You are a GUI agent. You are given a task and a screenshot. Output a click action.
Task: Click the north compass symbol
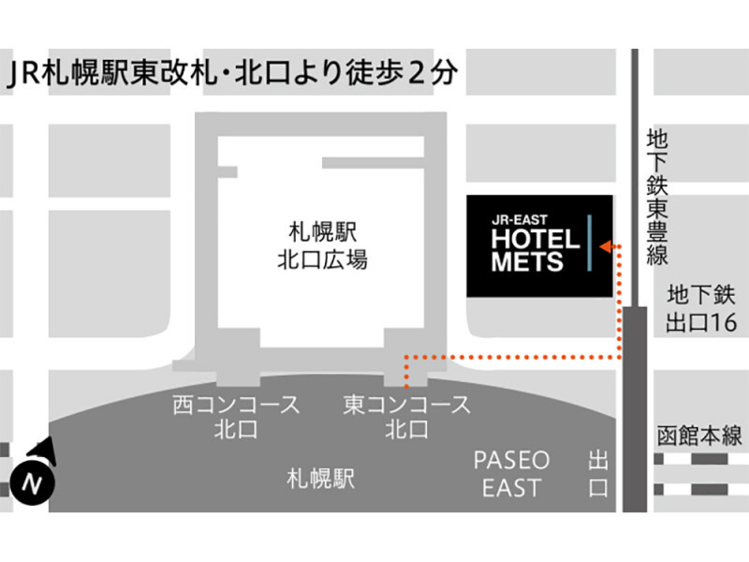pos(33,472)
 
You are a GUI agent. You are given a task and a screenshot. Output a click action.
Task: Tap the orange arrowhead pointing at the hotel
pos(605,246)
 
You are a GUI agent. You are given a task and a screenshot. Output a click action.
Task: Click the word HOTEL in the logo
pos(536,240)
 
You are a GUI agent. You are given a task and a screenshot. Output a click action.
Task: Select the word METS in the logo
pos(527,262)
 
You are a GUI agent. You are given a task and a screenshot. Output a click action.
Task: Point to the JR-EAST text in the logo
pos(520,220)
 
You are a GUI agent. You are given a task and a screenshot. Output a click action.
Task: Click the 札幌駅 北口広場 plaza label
pos(322,246)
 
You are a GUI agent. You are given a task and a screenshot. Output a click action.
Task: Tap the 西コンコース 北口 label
pos(236,417)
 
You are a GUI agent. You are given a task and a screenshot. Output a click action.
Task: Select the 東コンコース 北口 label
pos(406,417)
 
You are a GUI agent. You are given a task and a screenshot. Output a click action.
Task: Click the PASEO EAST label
pos(511,474)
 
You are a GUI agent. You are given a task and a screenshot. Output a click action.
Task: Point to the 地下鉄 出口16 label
pos(700,309)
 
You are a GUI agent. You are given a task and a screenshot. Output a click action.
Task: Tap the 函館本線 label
pos(699,436)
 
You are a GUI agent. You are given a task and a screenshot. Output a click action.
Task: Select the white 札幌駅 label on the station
pos(321,479)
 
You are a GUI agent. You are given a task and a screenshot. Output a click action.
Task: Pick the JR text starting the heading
pos(24,74)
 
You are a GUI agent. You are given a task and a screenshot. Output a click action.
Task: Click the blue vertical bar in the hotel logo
pos(590,243)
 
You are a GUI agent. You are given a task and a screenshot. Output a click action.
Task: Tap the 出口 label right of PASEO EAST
pos(598,475)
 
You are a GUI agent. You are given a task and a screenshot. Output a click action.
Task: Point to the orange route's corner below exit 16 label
pos(620,357)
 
